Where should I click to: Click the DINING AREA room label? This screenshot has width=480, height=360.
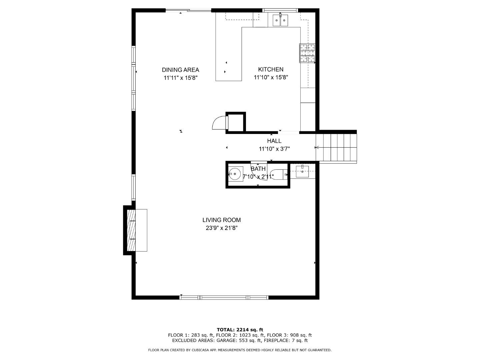180,70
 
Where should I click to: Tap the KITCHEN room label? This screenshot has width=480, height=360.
271,69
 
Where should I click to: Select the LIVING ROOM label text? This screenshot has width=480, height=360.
221,220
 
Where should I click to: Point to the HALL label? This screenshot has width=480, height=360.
274,141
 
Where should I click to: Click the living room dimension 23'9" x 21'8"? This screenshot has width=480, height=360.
221,228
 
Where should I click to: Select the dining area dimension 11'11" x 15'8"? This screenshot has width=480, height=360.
180,78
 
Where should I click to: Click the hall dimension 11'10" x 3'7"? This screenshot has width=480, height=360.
274,149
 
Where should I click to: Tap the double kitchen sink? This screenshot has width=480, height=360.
280,20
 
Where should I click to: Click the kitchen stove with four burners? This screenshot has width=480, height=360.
307,53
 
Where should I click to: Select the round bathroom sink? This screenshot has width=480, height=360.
235,174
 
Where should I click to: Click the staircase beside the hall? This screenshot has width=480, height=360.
336,147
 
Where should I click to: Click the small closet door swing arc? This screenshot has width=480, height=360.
219,123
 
